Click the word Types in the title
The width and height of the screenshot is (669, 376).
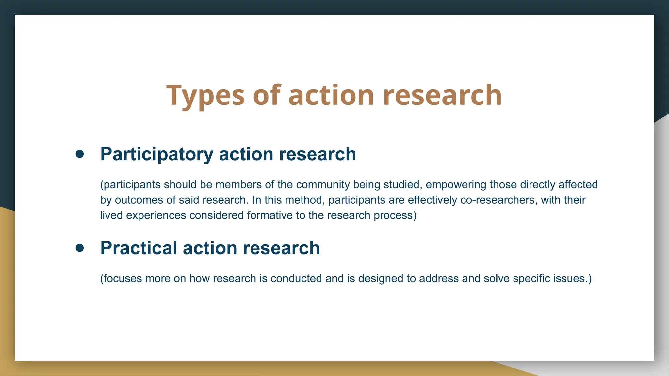205,95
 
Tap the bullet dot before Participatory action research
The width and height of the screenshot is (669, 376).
80,154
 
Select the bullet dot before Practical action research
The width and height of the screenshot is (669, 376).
80,248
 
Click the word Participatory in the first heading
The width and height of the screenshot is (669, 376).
156,154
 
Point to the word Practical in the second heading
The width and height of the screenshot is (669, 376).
138,248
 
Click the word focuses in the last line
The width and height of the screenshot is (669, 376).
122,279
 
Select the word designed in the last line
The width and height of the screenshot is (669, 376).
381,279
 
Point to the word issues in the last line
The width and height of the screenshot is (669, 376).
570,279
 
